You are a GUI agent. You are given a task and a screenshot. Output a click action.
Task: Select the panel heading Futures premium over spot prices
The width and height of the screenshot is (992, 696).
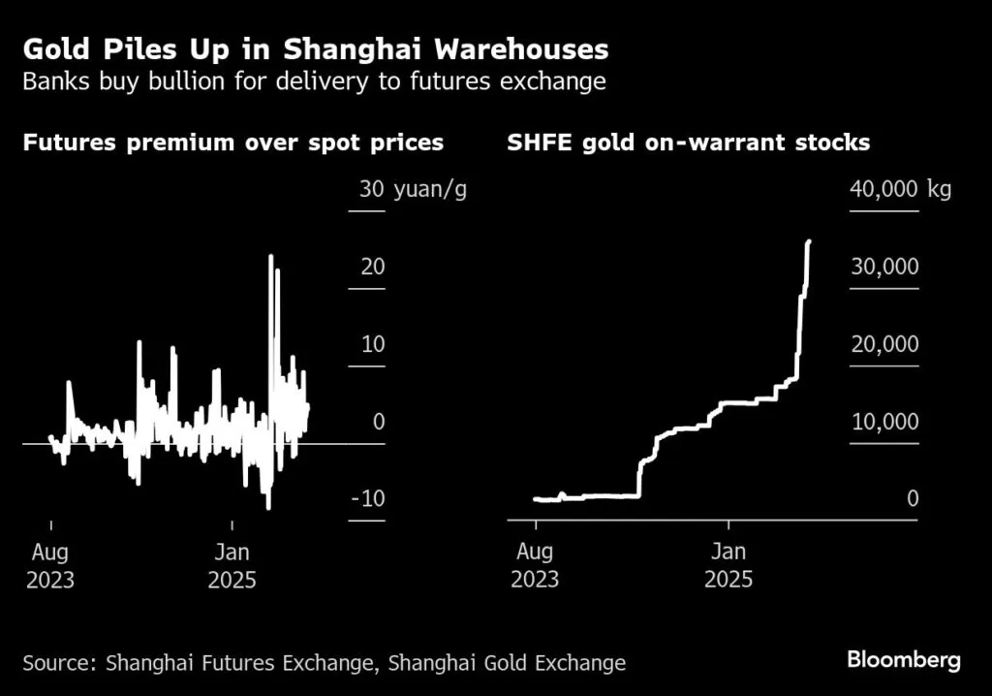coord(232,143)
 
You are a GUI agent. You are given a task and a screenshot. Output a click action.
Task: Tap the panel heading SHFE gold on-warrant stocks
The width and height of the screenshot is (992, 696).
coord(688,143)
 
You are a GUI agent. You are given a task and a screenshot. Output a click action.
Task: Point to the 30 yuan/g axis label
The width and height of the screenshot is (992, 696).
coord(413,189)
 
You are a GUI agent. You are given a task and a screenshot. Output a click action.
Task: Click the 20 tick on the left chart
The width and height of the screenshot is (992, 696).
coord(373,268)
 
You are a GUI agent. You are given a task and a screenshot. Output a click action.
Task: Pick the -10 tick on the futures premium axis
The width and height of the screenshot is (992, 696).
coord(368,499)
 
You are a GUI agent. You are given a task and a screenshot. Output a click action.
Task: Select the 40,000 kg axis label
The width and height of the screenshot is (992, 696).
coord(900,189)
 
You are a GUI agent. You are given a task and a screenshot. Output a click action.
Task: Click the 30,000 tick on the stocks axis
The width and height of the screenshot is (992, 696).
coord(883,268)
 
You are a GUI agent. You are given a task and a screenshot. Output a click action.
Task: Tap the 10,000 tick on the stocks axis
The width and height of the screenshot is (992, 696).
coord(883,423)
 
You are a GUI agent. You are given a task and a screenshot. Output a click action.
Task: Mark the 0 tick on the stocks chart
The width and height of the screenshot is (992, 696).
coord(911,499)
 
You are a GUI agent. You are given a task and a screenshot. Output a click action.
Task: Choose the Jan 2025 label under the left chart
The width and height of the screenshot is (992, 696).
coord(232,566)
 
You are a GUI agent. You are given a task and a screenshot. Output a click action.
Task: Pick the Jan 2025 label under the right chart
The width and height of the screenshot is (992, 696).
coord(728,566)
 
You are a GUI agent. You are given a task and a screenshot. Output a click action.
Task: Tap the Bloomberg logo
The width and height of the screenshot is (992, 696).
coord(903,661)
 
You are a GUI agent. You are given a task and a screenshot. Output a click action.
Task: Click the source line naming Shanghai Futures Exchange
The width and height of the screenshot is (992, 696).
coord(324,664)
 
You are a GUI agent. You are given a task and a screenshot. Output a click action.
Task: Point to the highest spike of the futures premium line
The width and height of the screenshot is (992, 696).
coord(271,256)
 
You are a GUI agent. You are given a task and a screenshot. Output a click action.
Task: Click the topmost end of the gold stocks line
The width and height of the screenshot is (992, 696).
coord(809,241)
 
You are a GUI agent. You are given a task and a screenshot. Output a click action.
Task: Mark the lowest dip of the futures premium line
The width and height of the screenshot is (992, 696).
coord(268,507)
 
